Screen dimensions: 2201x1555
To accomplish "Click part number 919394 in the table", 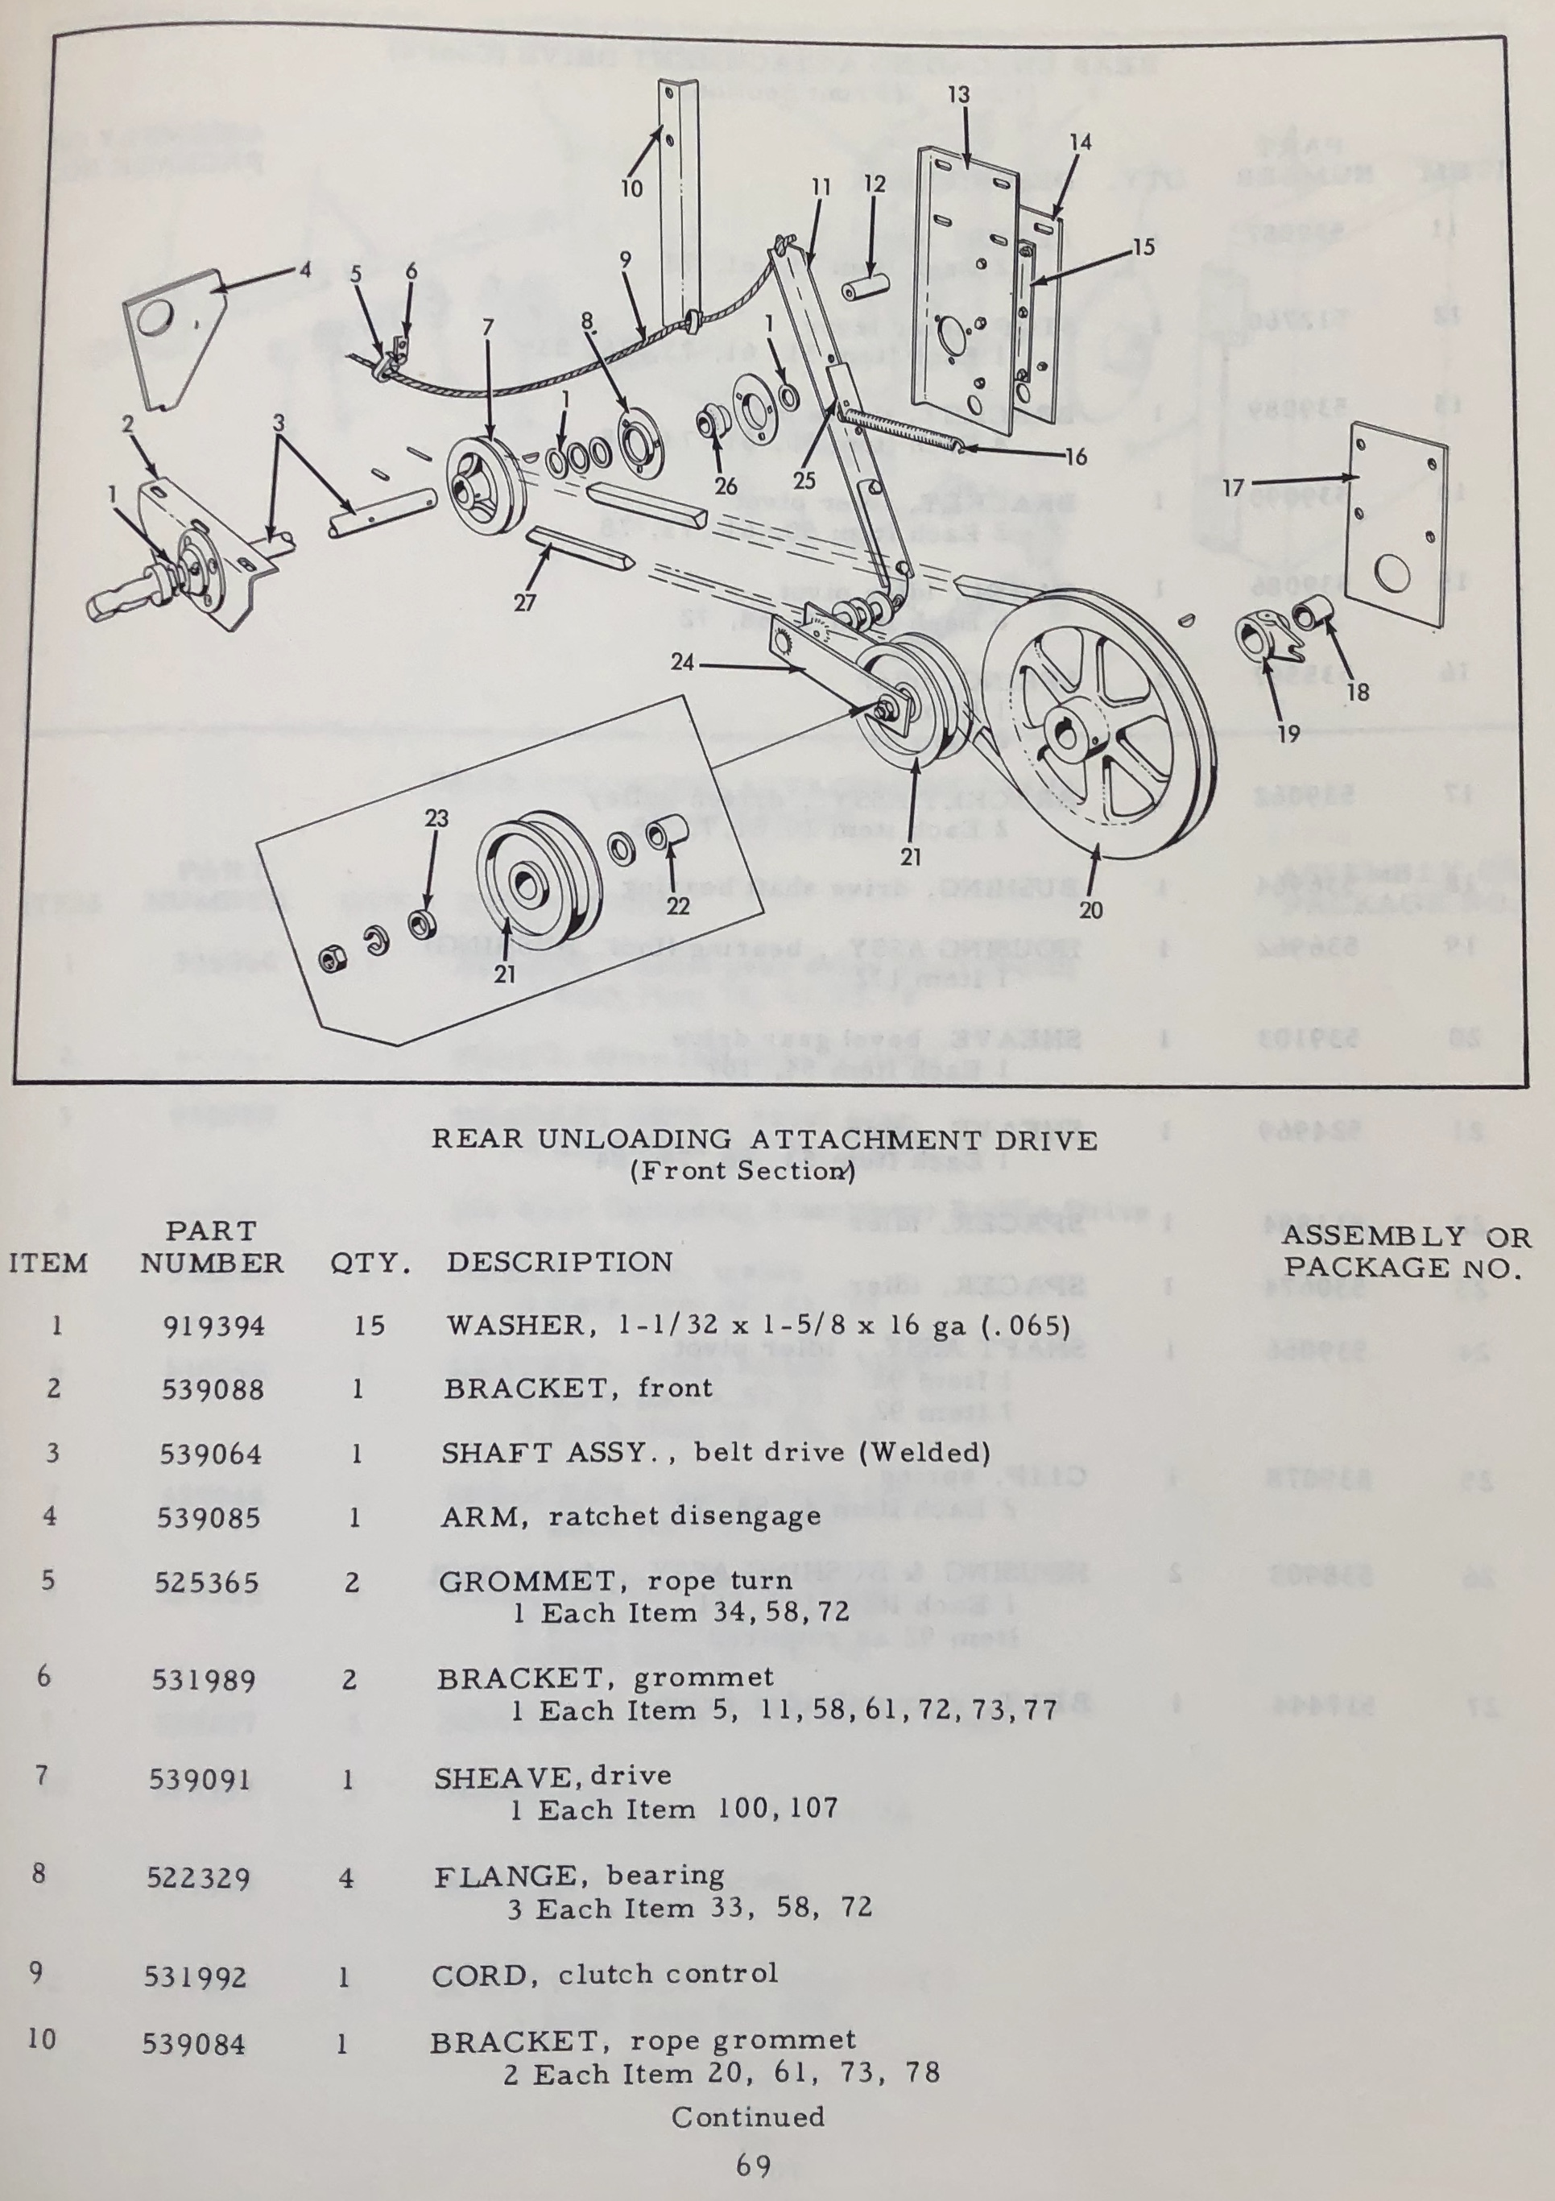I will tap(213, 1326).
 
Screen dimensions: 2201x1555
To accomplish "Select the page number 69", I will tap(754, 2165).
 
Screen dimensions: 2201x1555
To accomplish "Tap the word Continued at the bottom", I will tap(748, 2116).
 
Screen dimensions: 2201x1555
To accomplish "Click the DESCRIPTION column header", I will tap(559, 1261).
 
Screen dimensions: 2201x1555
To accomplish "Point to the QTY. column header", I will tap(370, 1264).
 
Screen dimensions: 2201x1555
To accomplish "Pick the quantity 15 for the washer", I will tap(369, 1326).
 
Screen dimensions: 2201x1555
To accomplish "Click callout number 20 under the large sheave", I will tap(1091, 910).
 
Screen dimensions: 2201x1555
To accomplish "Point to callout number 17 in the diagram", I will tap(1233, 489).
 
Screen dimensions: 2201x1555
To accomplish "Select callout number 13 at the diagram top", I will tap(959, 94).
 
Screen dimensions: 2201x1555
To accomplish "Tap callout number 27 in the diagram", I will tap(524, 602).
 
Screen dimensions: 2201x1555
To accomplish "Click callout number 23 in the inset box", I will tap(436, 817).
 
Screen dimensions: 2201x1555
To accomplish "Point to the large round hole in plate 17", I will tap(1390, 575).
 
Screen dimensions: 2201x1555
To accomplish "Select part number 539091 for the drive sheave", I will tap(200, 1780).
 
